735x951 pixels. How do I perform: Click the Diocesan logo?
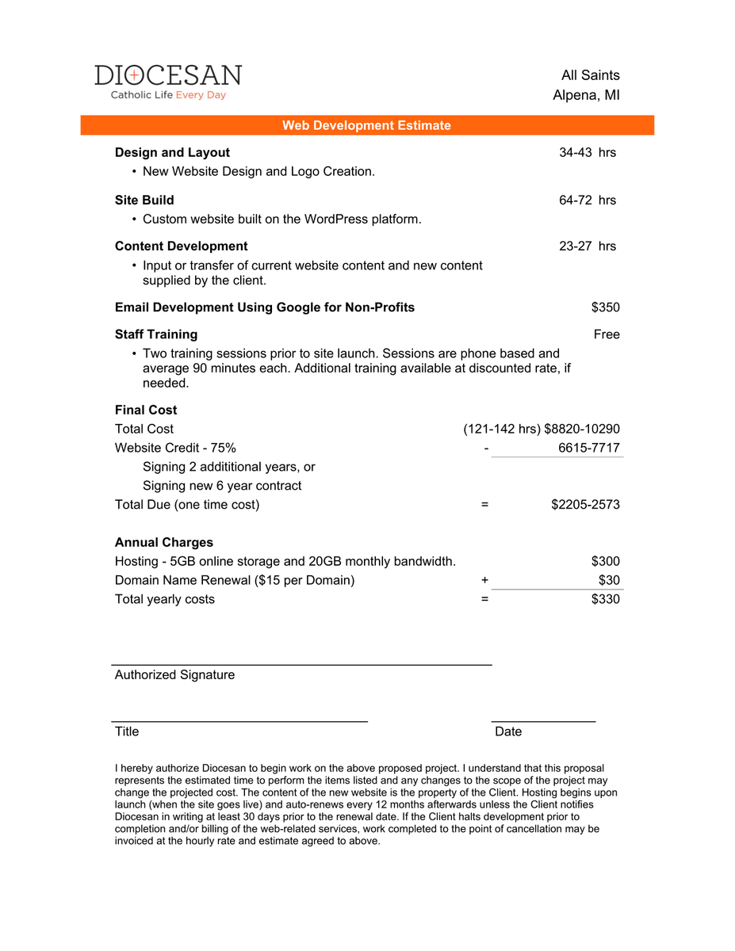coord(168,82)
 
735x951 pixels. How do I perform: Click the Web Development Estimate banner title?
coord(366,125)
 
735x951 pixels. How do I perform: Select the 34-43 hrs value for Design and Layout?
coord(587,152)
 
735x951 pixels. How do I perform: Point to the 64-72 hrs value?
coord(587,200)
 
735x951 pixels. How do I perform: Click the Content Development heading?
coord(181,246)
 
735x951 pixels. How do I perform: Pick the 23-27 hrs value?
coord(587,246)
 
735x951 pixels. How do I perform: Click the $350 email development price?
coord(605,307)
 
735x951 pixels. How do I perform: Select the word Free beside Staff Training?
coord(607,334)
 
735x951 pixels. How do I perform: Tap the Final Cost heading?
coord(146,410)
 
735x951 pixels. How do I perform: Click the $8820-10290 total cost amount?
coord(582,429)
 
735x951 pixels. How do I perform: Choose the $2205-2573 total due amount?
coord(585,504)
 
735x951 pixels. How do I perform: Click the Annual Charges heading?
coord(164,542)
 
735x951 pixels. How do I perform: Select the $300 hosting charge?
coord(605,561)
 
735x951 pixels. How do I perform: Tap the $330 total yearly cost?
coord(605,599)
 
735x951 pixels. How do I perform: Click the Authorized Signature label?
coord(174,674)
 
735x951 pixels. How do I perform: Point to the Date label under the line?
coord(508,731)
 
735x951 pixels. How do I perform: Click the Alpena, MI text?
coord(586,95)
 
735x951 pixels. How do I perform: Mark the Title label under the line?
coord(127,731)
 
